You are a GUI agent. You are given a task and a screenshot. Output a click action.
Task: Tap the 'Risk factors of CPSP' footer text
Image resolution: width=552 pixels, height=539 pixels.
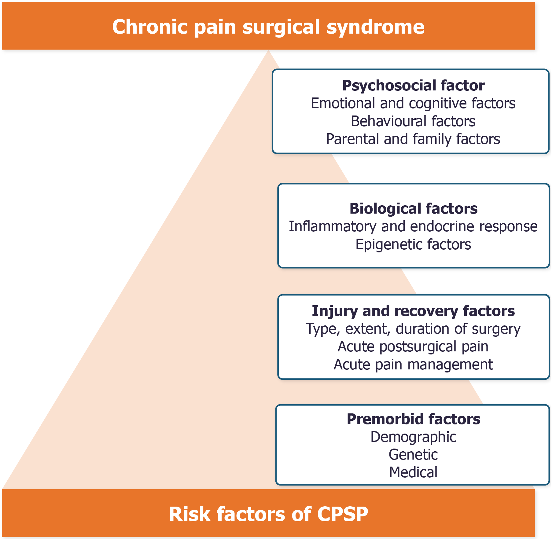268,514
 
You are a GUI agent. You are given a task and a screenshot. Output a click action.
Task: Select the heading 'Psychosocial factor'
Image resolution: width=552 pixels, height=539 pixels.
413,86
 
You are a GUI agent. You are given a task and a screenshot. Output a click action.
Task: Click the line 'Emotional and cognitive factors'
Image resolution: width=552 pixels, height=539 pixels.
413,103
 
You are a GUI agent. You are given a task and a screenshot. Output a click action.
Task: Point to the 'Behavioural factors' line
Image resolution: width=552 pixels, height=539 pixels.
413,121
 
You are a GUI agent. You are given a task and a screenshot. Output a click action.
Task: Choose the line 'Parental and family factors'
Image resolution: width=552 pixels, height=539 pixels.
413,139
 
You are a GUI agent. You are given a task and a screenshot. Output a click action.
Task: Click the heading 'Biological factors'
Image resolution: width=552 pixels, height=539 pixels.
414,209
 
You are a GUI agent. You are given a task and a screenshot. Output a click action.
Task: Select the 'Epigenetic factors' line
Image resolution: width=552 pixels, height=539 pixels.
413,245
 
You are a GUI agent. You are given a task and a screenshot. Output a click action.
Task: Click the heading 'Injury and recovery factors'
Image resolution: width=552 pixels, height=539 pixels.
413,311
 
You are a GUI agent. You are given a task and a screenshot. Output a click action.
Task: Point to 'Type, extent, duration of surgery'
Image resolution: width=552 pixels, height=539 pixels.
413,329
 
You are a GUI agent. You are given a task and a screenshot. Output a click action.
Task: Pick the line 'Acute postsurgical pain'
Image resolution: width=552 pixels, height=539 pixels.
413,347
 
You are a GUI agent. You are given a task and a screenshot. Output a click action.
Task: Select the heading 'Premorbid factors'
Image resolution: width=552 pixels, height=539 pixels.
414,419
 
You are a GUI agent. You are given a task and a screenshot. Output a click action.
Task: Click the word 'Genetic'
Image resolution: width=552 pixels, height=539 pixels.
413,455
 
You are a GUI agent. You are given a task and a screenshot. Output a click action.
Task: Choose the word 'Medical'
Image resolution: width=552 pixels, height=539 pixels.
413,472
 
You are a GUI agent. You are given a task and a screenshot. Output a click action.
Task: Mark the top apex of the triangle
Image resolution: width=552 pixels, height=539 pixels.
268,50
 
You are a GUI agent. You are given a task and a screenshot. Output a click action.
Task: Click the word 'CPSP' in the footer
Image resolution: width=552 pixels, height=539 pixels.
343,514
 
